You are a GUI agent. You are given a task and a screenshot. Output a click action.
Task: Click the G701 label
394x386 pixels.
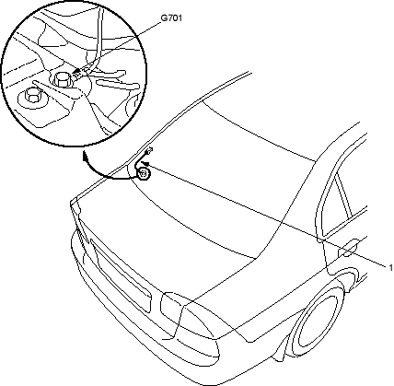coord(172,18)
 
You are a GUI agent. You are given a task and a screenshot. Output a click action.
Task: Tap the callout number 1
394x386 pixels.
coord(391,267)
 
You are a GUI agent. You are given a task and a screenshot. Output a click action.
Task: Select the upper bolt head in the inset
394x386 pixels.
coord(63,78)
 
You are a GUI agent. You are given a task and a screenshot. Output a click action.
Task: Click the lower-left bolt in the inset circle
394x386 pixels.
coord(32,95)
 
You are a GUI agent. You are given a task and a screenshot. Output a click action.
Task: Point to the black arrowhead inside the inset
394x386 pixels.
coord(76,72)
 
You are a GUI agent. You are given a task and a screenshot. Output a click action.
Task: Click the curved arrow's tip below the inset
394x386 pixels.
coord(85,156)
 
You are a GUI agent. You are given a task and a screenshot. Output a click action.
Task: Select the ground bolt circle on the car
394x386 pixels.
coord(144,174)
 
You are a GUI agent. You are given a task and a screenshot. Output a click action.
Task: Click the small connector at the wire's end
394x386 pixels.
coord(149,150)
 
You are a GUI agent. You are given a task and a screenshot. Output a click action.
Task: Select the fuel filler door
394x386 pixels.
coord(348,248)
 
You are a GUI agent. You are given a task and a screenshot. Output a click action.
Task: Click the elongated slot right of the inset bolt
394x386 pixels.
coord(117,84)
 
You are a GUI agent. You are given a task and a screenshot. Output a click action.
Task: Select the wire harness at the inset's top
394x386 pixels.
coord(98,37)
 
